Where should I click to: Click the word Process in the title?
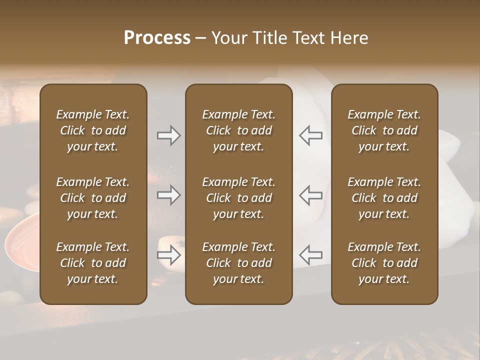point(157,38)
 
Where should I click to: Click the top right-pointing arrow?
point(169,135)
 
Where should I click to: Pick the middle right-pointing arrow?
point(169,195)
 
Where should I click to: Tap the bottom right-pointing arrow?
point(169,255)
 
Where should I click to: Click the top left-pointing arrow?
point(310,135)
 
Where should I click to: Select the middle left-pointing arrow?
point(310,195)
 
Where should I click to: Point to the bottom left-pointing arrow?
point(310,255)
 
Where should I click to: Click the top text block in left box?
point(93,130)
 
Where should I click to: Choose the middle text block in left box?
point(93,198)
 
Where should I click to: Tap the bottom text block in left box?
point(93,263)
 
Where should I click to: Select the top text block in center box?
point(239,130)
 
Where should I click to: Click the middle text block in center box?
point(239,198)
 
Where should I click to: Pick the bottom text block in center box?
point(239,263)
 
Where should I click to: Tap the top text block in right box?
point(384,130)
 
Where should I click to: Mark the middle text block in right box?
point(384,198)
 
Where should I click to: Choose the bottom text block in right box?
point(384,263)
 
